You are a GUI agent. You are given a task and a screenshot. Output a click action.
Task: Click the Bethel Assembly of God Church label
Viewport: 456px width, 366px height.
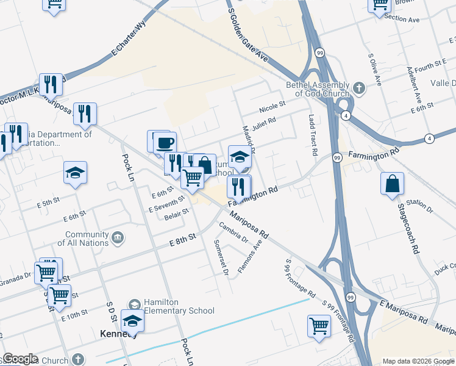[318, 89]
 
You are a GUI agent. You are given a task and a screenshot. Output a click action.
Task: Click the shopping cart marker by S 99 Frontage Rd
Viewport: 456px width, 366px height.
[319, 326]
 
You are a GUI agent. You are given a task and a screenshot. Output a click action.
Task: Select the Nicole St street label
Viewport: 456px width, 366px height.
[272, 105]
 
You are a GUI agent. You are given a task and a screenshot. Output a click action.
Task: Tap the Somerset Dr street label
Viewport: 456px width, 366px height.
[221, 257]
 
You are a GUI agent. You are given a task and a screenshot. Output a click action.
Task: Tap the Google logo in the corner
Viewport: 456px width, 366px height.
[20, 359]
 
